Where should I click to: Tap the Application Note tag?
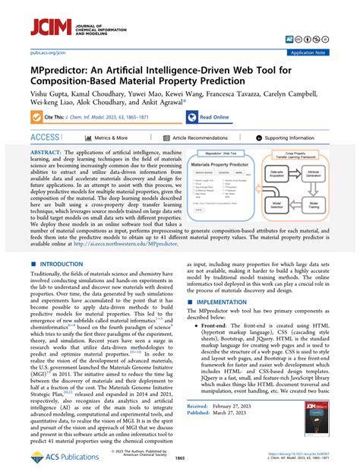(x=330, y=53)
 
